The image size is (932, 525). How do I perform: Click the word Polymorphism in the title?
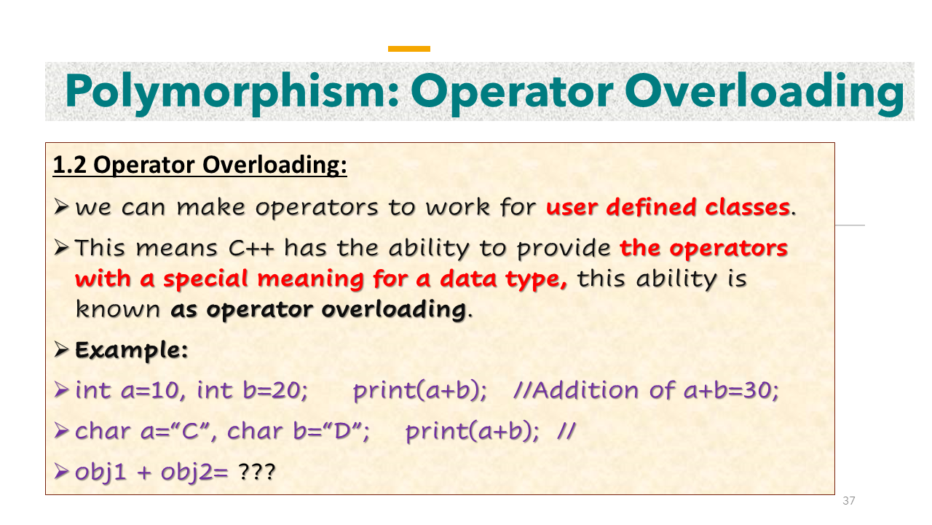click(231, 92)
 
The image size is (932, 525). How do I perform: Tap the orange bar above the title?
click(409, 49)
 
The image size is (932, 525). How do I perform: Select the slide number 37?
click(848, 501)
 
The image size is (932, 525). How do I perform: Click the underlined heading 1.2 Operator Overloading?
click(200, 166)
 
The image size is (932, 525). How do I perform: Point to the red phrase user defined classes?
click(668, 208)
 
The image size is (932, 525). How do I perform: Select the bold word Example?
click(132, 351)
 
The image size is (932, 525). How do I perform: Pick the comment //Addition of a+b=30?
click(646, 392)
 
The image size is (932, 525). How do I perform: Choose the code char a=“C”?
click(141, 432)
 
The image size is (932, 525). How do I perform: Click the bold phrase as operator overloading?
click(317, 310)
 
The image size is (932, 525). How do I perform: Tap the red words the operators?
click(703, 249)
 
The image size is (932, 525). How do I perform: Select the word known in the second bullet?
click(117, 310)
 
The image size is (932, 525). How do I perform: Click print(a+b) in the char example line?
click(471, 432)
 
